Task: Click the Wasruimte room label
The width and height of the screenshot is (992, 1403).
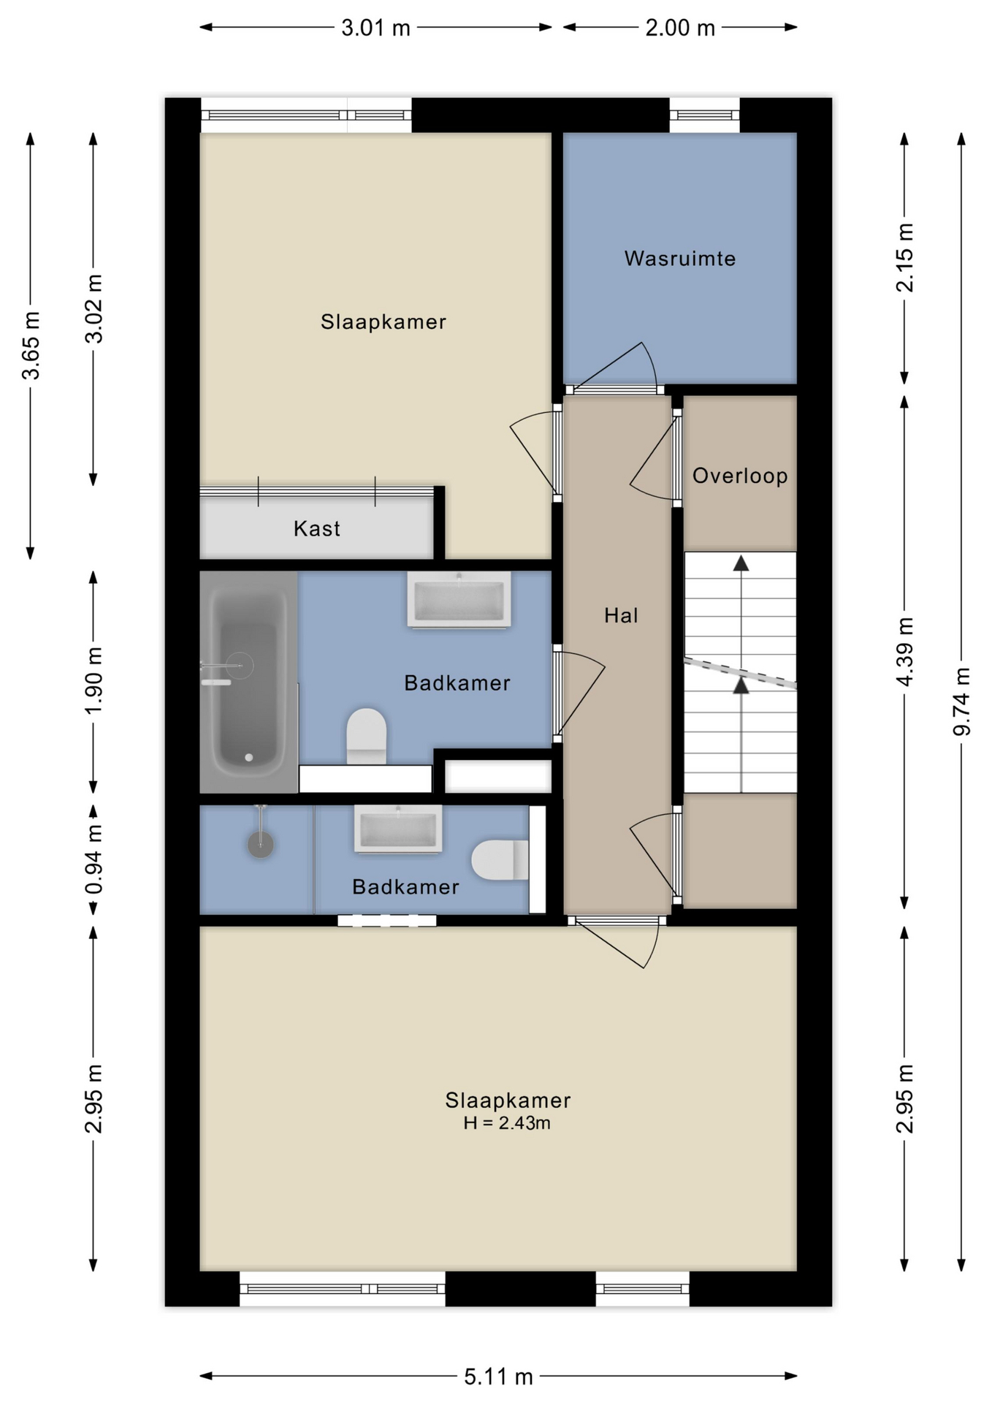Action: tap(679, 259)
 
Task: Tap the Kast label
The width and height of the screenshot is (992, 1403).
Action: tap(317, 528)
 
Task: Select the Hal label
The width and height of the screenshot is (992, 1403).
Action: tap(621, 615)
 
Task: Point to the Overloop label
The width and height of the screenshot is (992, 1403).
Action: tap(740, 476)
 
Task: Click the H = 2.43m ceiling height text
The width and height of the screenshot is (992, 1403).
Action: tap(507, 1123)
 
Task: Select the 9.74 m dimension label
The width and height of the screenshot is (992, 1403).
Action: tap(961, 701)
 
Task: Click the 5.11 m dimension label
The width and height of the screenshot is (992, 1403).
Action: tap(499, 1377)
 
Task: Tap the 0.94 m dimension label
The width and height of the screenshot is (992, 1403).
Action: tap(94, 860)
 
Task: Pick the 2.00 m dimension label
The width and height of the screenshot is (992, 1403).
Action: tap(680, 28)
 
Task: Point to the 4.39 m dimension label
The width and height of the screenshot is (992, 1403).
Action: tap(904, 652)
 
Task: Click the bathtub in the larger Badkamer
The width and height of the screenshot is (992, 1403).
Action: tap(248, 681)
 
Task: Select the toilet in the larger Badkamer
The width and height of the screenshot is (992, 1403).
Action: tap(366, 735)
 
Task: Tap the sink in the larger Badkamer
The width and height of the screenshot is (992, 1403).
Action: tap(459, 599)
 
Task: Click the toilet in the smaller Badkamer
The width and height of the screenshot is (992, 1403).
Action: tap(500, 860)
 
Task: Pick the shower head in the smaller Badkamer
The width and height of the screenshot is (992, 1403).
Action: tap(261, 844)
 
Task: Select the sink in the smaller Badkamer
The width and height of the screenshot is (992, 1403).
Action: tap(398, 829)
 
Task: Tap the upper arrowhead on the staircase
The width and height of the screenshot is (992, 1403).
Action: tap(741, 563)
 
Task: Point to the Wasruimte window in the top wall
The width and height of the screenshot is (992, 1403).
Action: tap(705, 115)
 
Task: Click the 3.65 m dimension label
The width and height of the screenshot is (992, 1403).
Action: tap(31, 346)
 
